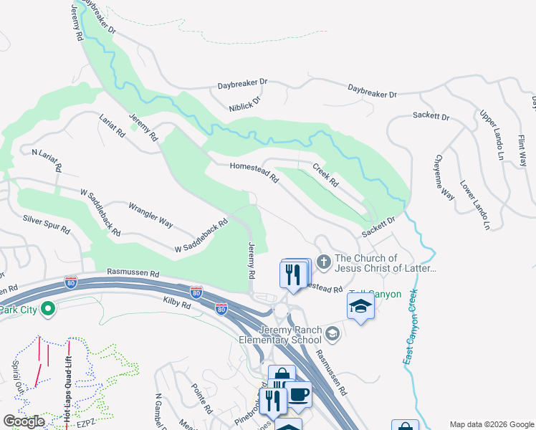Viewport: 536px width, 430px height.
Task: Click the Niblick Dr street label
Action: pos(246,100)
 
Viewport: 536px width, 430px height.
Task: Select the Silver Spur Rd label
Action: pos(46,224)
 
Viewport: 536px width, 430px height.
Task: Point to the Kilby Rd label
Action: pos(176,305)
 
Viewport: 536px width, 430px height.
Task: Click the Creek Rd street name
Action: pos(325,175)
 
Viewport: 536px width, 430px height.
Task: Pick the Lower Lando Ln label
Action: pos(475,205)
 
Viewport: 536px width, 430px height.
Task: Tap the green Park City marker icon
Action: pos(48,310)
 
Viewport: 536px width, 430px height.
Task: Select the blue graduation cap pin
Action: pos(360,307)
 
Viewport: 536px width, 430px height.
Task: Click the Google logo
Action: pos(24,421)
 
